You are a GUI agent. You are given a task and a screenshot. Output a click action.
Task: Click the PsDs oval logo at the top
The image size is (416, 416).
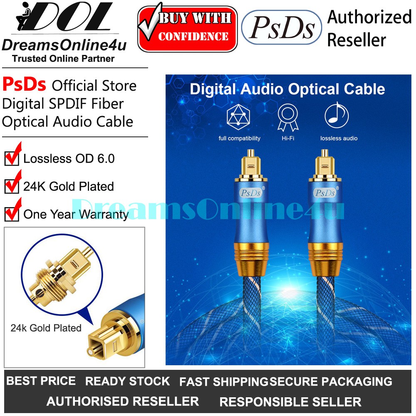tap(282, 27)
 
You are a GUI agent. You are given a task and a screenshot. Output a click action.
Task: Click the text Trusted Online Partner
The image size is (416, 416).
tap(63, 59)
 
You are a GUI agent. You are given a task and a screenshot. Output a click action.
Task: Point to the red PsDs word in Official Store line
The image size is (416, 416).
tap(24, 85)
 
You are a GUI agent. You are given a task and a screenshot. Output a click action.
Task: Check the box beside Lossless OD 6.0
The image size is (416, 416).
tap(12, 158)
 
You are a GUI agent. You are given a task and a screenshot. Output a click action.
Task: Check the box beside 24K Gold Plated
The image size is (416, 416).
tap(12, 186)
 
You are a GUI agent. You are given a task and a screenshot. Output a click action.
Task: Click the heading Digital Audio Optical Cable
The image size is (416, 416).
tap(287, 89)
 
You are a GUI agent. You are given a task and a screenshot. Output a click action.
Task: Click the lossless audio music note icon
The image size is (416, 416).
tap(336, 116)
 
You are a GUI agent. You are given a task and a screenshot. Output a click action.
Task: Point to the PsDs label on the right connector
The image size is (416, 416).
tap(325, 192)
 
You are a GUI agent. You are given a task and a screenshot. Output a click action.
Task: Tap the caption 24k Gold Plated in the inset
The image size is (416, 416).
tap(46, 328)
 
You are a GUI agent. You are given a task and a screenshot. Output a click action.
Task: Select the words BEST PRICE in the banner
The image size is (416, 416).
tap(41, 381)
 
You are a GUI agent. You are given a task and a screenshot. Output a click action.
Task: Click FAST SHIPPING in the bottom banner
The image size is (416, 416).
tap(224, 381)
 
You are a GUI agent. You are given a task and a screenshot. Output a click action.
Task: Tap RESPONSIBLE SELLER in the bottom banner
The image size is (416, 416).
tap(290, 402)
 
